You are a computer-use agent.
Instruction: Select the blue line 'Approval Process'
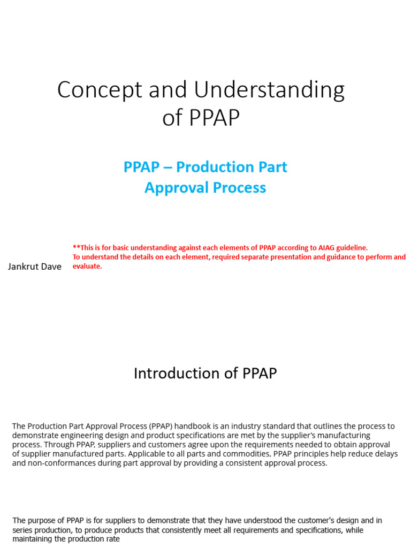coord(205,188)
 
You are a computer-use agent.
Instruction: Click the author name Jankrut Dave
coord(35,266)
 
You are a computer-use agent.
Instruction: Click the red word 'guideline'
coord(348,247)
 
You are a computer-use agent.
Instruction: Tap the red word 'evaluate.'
coord(87,266)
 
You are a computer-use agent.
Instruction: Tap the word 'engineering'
coord(76,436)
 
